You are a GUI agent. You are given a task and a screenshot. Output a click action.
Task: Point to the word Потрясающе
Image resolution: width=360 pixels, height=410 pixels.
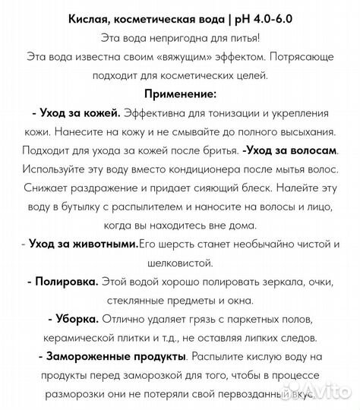301,57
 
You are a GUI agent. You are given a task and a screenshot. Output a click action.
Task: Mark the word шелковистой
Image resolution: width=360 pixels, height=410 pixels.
180,262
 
